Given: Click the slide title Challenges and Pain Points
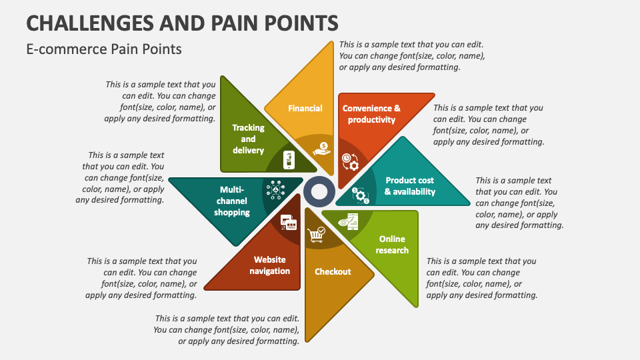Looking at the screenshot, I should coord(182,23).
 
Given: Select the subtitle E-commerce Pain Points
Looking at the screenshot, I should coord(103,49).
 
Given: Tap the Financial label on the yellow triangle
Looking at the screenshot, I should coord(305,108).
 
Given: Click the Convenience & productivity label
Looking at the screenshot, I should coord(371,114).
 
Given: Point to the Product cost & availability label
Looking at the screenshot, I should coord(409,186).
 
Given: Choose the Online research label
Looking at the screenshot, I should coord(392,245).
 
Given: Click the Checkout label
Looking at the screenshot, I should coord(333,271).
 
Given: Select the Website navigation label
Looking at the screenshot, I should coord(270,265).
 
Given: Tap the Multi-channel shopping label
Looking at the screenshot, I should coord(232,201).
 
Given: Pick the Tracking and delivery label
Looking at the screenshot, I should coord(248,139).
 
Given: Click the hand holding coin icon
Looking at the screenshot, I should coord(322,148).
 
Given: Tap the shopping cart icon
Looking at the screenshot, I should coord(316,235).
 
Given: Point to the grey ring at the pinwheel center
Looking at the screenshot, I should coord(319,191).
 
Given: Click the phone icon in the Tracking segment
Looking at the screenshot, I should coord(289,159).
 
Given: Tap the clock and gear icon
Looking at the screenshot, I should coord(351,161).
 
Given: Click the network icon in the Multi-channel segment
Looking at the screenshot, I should coord(275,191).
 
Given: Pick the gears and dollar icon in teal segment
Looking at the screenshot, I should coord(361,195).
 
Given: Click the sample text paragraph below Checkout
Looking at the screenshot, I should coord(227,329).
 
